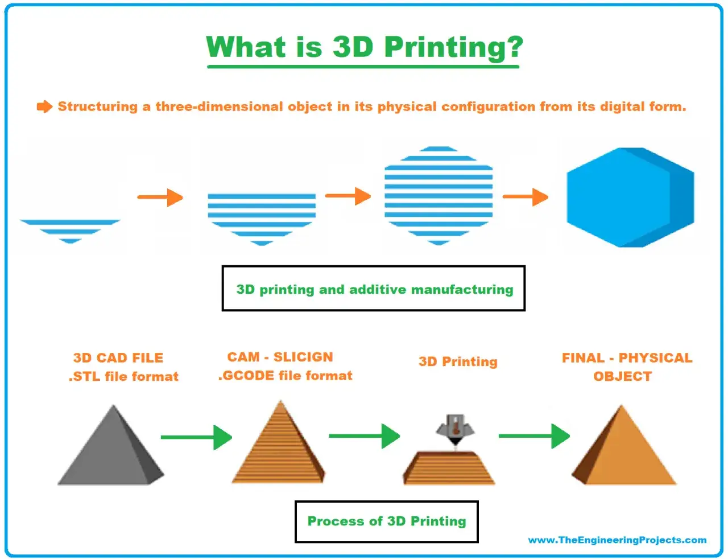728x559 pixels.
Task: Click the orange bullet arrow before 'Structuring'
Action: tap(44, 107)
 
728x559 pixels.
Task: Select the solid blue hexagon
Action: tap(630, 198)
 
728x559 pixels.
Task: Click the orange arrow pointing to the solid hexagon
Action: tap(526, 197)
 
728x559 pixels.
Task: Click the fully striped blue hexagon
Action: tap(439, 196)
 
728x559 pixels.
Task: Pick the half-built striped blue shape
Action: tap(262, 220)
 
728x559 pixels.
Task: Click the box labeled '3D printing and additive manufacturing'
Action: tap(374, 289)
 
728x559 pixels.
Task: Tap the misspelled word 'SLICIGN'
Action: tap(303, 357)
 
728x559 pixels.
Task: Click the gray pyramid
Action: tap(111, 445)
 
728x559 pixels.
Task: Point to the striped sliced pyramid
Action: tap(278, 442)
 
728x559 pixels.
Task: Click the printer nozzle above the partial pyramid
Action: tap(455, 429)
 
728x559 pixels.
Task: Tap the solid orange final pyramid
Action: tap(624, 445)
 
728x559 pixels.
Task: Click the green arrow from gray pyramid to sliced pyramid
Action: tap(197, 437)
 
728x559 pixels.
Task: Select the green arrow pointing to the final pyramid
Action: tap(535, 436)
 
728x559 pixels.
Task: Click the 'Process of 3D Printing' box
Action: tap(387, 521)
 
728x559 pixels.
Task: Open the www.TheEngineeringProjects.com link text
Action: tap(617, 540)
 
